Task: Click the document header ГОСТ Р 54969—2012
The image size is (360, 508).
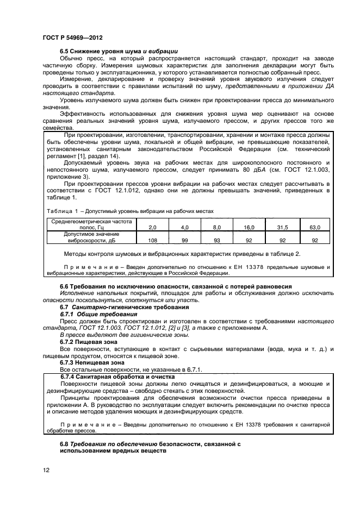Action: click(x=72, y=38)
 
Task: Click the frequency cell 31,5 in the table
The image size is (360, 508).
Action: click(x=282, y=227)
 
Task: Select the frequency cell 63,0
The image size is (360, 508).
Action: click(x=314, y=227)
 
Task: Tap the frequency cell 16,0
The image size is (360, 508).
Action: click(x=249, y=227)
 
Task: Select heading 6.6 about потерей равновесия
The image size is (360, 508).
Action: click(x=176, y=286)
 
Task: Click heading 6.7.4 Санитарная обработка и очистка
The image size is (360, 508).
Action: click(x=117, y=376)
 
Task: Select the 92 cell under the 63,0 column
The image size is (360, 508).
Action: click(x=314, y=240)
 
